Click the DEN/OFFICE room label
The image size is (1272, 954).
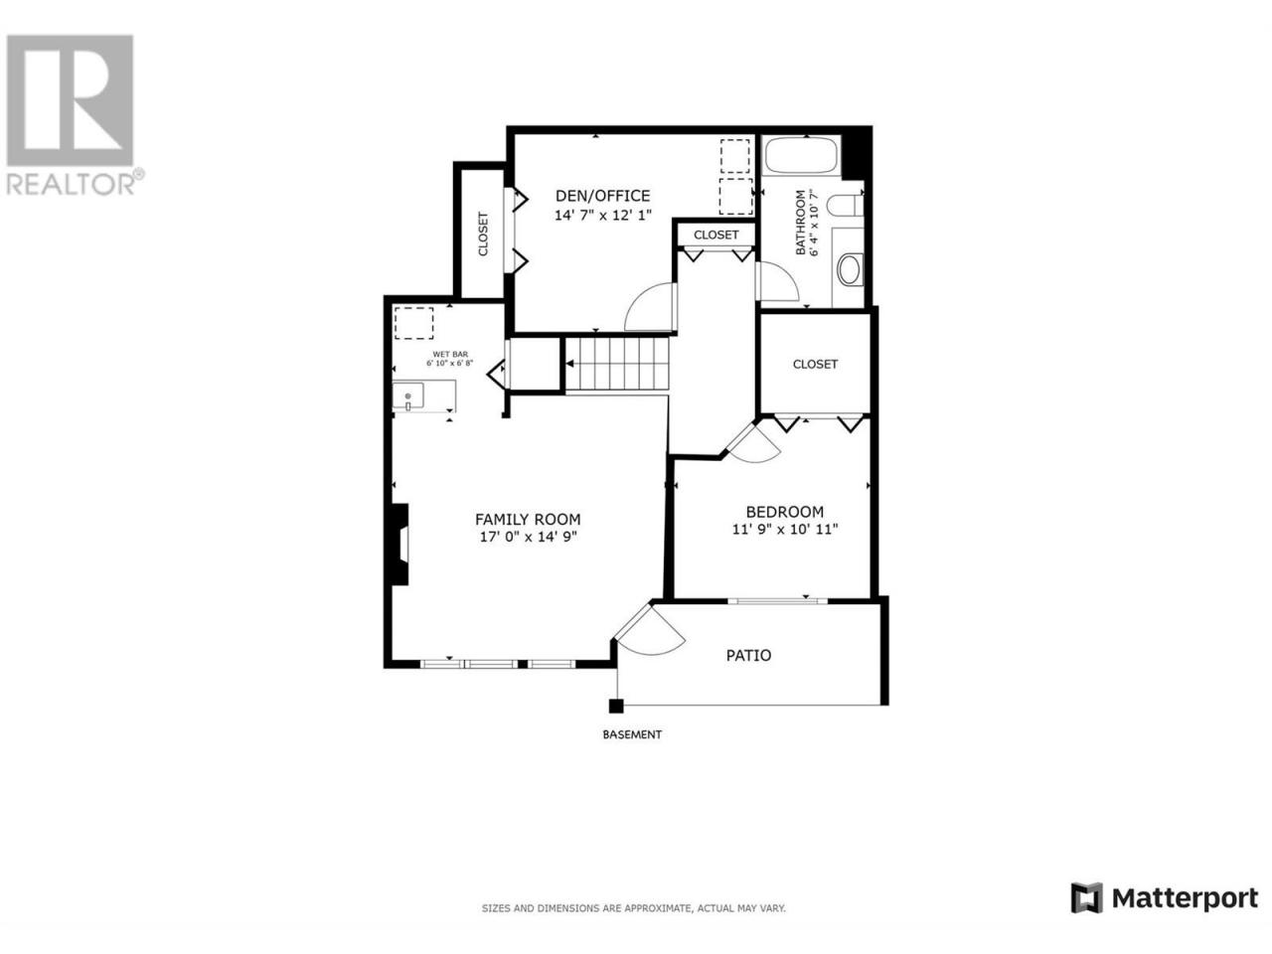pyautogui.click(x=602, y=196)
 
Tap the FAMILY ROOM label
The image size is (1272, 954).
pyautogui.click(x=528, y=519)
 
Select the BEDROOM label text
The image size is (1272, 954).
pyautogui.click(x=785, y=512)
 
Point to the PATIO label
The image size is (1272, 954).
pyautogui.click(x=748, y=655)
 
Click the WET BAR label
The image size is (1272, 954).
pyautogui.click(x=450, y=354)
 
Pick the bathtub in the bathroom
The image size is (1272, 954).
pyautogui.click(x=801, y=155)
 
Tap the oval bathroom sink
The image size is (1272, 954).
pyautogui.click(x=850, y=270)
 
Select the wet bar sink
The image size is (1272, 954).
pyautogui.click(x=408, y=396)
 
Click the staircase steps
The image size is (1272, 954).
pyautogui.click(x=617, y=364)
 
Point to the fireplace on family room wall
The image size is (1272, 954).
pyautogui.click(x=399, y=544)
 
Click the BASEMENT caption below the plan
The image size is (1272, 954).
pyautogui.click(x=632, y=734)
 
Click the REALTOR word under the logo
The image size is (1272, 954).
pyautogui.click(x=71, y=184)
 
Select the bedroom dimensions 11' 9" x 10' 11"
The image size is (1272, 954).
pyautogui.click(x=785, y=529)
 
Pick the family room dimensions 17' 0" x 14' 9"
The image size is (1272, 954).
pyautogui.click(x=528, y=537)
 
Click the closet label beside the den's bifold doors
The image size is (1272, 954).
pyautogui.click(x=483, y=234)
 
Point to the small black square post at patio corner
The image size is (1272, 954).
pyautogui.click(x=615, y=707)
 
